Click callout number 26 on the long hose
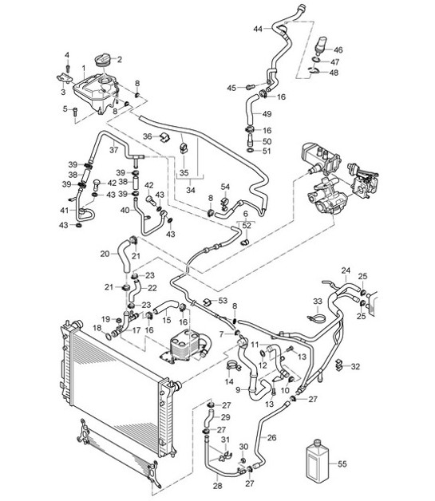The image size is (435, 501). tap(271, 437)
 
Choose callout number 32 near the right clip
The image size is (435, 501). tap(355, 366)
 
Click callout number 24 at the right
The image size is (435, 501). tap(346, 270)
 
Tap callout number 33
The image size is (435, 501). tap(317, 301)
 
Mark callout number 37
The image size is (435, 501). tap(113, 149)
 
